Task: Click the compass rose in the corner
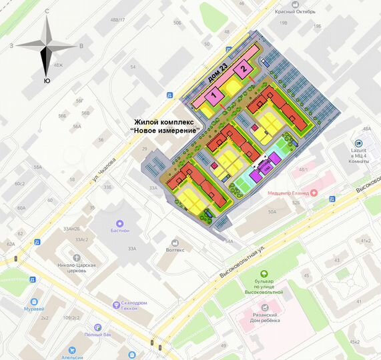45,45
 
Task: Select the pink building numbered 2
244,68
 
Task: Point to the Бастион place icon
120,224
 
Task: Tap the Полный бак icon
97,327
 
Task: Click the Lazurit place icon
358,143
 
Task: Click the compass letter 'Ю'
46,80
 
